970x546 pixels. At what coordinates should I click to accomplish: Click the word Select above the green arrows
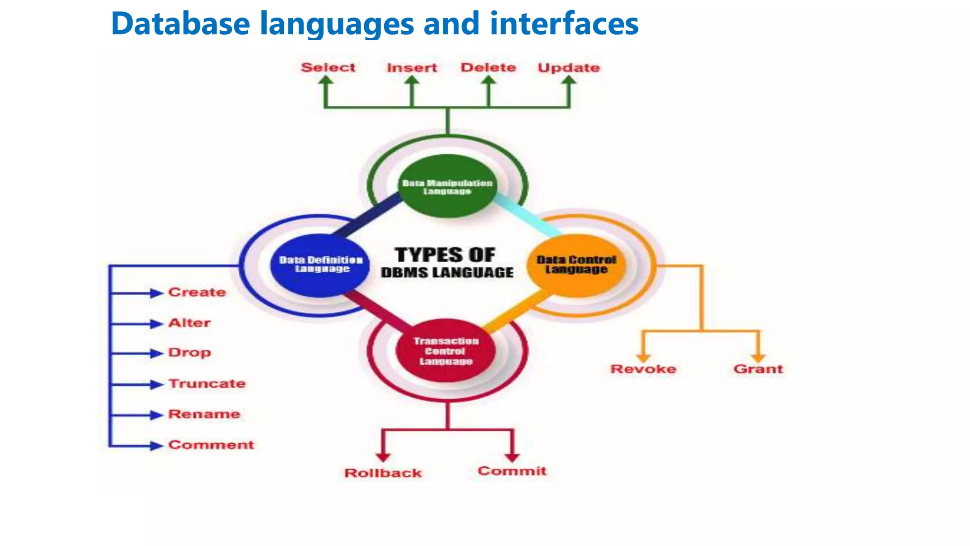[x=328, y=67]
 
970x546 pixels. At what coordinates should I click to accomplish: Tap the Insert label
[x=412, y=68]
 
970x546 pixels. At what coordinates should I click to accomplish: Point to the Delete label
[x=488, y=67]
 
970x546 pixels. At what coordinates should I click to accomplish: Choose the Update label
[x=568, y=68]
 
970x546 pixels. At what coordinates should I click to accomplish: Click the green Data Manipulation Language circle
[x=447, y=186]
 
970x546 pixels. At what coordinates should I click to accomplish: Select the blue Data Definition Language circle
[x=321, y=264]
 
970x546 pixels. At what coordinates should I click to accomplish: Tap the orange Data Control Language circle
[x=576, y=264]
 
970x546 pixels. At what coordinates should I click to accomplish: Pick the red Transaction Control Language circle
[x=446, y=351]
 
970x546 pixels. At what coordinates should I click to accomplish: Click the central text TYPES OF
[x=445, y=255]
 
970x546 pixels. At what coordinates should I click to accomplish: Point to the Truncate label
[x=207, y=383]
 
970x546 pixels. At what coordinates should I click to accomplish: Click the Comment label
[x=211, y=445]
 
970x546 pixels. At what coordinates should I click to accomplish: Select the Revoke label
[x=643, y=369]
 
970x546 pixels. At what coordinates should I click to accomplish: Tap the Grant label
[x=758, y=369]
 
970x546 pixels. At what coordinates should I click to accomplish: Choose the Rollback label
[x=383, y=473]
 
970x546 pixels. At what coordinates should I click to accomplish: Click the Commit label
[x=512, y=471]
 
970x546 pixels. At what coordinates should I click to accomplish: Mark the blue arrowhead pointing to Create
[x=156, y=293]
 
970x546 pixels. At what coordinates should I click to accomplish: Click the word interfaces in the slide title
[x=564, y=23]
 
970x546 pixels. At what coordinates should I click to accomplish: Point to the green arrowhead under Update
[x=569, y=81]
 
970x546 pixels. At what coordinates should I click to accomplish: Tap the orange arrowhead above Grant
[x=758, y=358]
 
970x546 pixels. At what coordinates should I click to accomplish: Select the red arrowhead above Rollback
[x=383, y=457]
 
